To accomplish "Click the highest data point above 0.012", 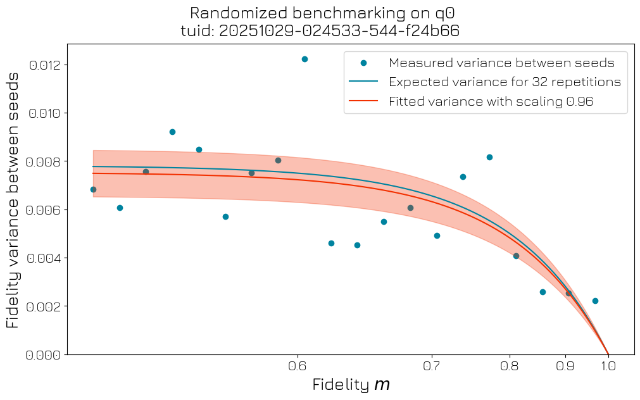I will click(x=304, y=59).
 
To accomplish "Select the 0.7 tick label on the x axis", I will click(x=432, y=366).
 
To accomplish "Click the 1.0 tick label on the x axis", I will click(x=608, y=366).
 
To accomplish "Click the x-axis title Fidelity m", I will click(x=351, y=384).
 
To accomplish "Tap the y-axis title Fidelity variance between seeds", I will click(x=13, y=199).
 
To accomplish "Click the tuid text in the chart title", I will click(x=320, y=31).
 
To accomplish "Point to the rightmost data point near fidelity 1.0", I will click(x=595, y=301).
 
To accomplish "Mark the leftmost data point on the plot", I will click(x=93, y=189).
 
